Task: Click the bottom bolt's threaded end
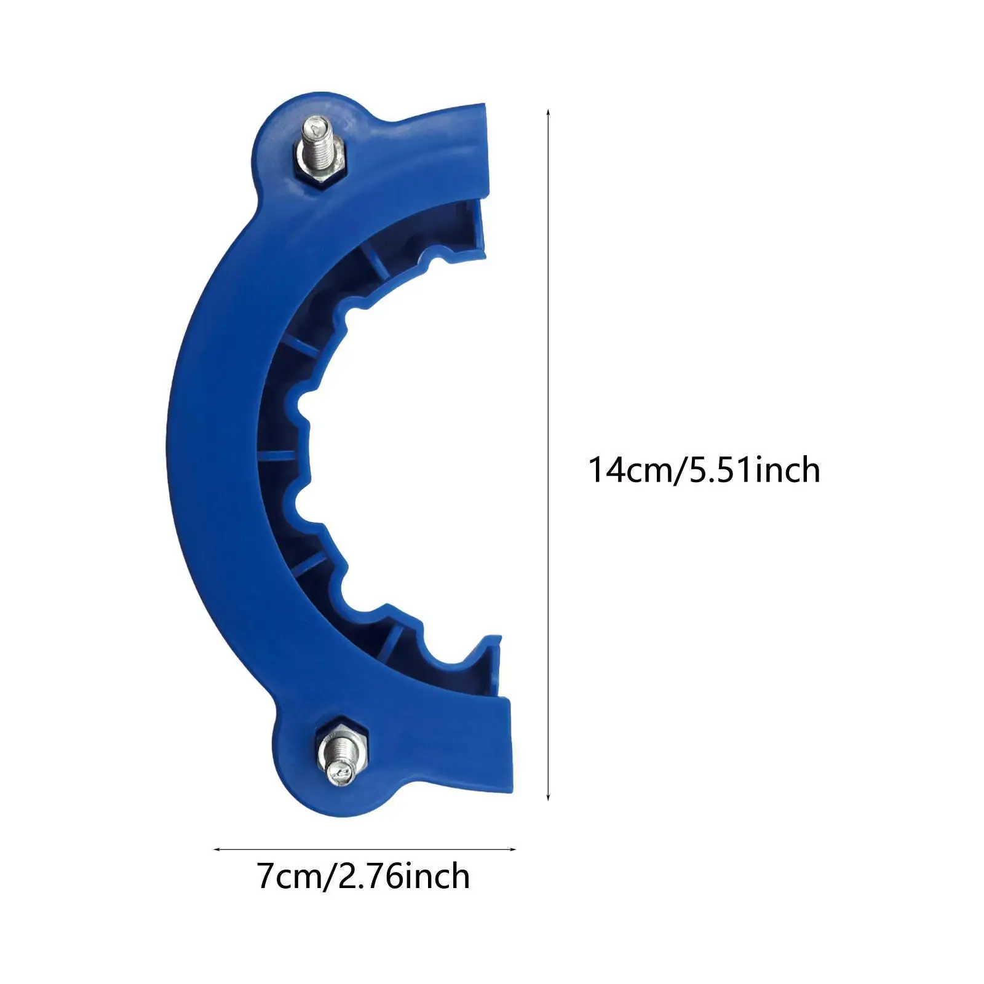click(339, 772)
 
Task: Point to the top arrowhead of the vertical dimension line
click(548, 113)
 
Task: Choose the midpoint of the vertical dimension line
click(548, 455)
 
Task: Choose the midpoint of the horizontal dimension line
click(365, 849)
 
